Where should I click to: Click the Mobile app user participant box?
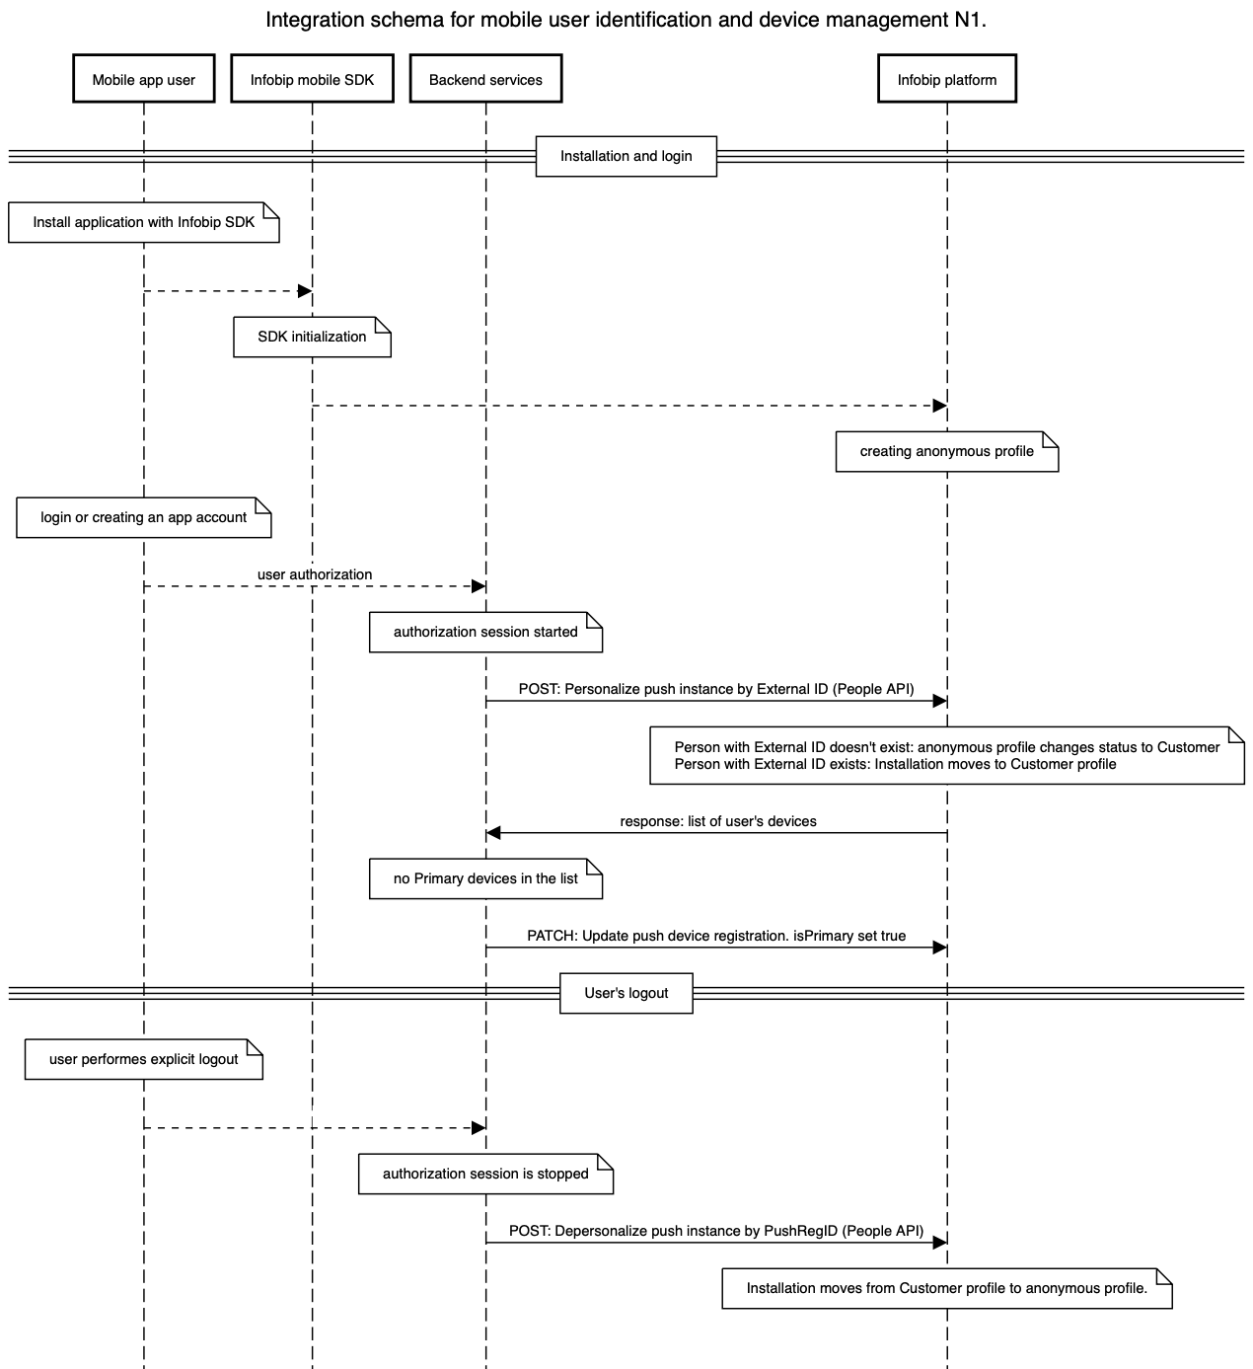coord(144,80)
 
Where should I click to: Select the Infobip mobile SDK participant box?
coord(312,80)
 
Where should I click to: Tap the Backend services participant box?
coord(485,80)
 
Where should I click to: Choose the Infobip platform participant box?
coord(946,80)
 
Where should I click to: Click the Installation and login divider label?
coord(626,156)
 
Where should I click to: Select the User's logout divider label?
coord(626,993)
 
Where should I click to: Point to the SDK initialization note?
coord(312,337)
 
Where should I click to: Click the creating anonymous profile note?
coord(946,451)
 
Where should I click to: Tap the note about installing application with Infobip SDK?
coord(144,222)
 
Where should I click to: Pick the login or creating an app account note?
coord(144,517)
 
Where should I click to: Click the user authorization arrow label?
coord(315,574)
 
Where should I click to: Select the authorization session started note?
coord(485,632)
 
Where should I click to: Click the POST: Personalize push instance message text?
coord(716,689)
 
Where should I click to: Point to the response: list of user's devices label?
coord(717,821)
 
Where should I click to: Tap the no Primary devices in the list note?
coord(485,878)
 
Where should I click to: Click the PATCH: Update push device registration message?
coord(716,936)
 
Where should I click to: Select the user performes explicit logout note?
coord(144,1059)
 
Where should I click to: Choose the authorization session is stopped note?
coord(485,1174)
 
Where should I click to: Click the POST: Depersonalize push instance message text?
coord(716,1231)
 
